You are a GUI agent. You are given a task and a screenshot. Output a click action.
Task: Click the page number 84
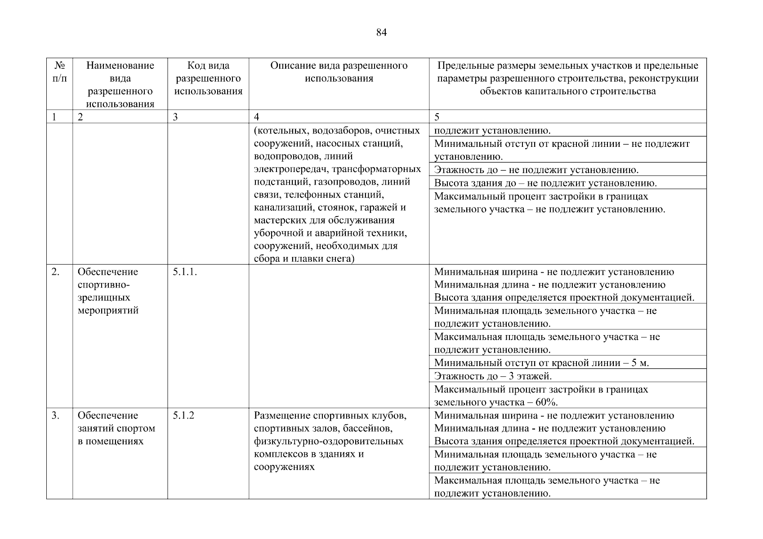click(x=381, y=33)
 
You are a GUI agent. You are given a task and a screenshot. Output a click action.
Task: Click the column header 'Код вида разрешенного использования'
click(x=208, y=79)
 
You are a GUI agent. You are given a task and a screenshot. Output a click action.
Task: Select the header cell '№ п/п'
click(x=59, y=72)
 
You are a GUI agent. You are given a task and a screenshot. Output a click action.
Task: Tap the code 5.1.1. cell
click(x=185, y=272)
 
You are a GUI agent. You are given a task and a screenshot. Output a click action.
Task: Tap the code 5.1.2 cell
click(x=183, y=415)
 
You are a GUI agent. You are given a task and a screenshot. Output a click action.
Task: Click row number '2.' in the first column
click(x=55, y=272)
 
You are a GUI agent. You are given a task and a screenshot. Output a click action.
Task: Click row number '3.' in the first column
click(x=55, y=415)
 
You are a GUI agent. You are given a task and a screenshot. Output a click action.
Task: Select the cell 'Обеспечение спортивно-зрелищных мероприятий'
click(x=108, y=291)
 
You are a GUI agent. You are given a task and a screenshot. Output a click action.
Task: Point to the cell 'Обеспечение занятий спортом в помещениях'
click(x=116, y=428)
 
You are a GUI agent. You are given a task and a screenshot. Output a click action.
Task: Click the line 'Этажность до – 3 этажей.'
click(x=493, y=376)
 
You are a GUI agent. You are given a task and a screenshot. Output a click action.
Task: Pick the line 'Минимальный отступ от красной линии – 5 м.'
click(x=541, y=363)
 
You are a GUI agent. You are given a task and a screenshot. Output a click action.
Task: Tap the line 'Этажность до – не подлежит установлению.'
click(x=536, y=170)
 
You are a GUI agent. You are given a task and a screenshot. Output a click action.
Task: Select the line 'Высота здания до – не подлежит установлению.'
click(x=545, y=183)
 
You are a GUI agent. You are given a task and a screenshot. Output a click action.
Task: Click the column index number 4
click(x=256, y=117)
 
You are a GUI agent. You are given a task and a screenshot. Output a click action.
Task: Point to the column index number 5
click(x=437, y=117)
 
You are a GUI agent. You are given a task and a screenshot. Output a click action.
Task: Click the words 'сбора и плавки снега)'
click(x=304, y=259)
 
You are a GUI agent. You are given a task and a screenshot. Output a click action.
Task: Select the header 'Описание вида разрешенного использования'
click(x=339, y=72)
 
